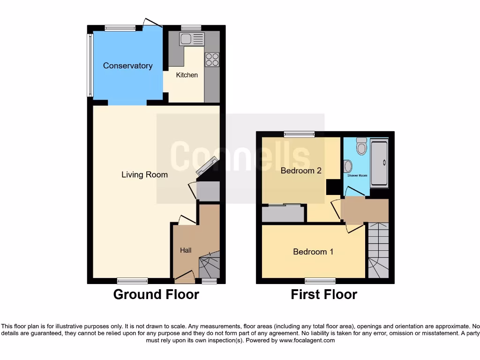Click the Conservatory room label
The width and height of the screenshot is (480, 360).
127,66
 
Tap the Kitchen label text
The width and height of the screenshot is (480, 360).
187,75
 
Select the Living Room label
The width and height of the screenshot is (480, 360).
144,175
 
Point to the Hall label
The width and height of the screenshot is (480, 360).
186,250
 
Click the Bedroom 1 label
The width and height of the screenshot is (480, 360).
313,252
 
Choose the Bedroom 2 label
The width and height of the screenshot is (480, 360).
301,171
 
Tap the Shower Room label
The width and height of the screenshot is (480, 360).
357,175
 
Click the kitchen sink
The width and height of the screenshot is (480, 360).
191,39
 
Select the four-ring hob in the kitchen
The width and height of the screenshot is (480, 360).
212,59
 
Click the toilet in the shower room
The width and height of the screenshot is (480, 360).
361,147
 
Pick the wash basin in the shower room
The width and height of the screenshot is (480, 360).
347,166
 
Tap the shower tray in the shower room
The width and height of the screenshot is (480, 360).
379,163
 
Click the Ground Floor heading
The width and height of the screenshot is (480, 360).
156,294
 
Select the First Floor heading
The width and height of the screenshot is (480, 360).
324,294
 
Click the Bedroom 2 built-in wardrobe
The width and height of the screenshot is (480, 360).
283,214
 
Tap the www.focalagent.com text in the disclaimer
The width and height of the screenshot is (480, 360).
307,340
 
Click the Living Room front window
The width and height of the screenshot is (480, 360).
132,281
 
